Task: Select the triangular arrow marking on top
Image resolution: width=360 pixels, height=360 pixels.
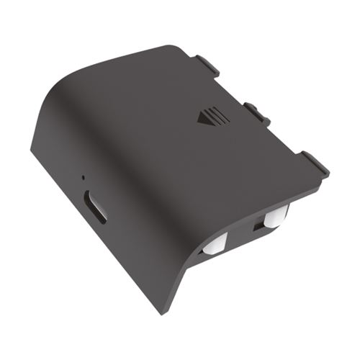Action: click(203, 117)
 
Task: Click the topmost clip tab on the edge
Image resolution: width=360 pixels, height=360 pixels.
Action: click(207, 65)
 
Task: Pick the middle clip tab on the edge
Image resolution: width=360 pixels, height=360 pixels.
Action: click(257, 112)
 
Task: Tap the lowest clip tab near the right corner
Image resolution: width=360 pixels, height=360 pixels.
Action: click(314, 163)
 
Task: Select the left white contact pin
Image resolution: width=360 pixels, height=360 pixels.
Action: click(213, 245)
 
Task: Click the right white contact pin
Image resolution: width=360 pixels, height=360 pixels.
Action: click(274, 218)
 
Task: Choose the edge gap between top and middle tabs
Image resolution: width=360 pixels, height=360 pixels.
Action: click(230, 88)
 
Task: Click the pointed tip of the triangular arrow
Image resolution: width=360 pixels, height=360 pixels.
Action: click(197, 119)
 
